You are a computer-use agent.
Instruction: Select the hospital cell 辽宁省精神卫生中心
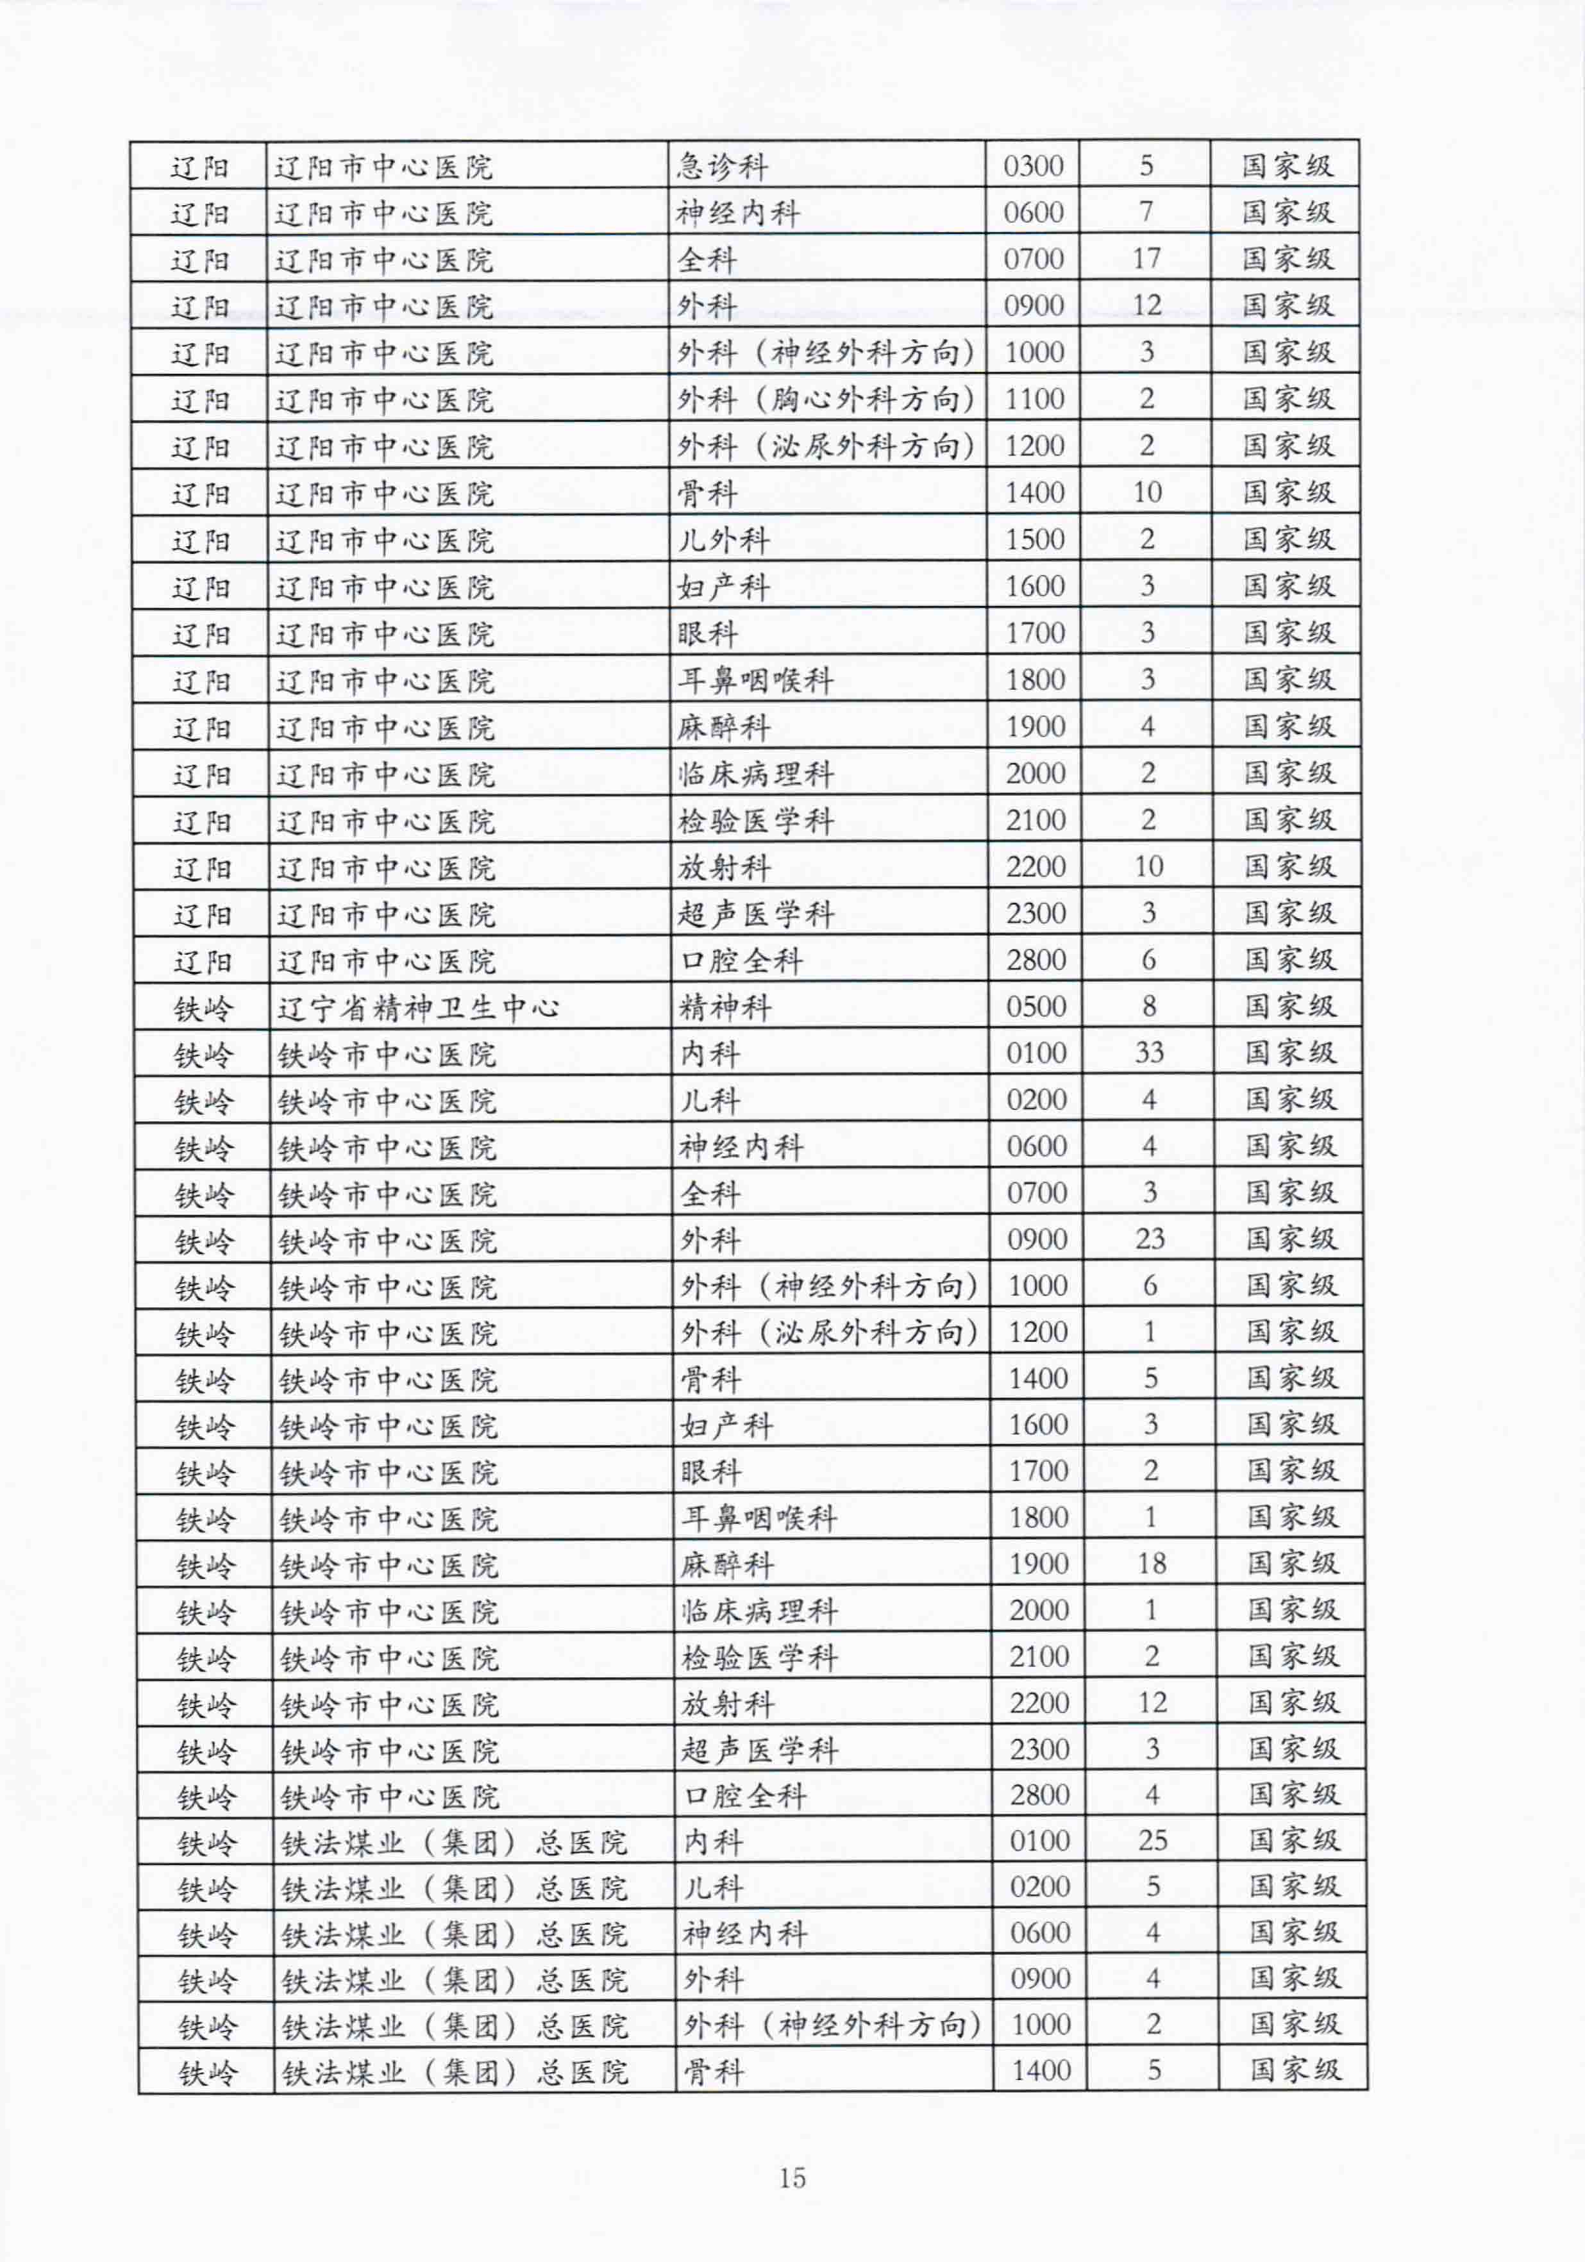(417, 1007)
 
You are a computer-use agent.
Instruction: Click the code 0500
(1036, 1006)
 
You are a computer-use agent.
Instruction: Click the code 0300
(1034, 165)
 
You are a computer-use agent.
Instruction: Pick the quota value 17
(1146, 258)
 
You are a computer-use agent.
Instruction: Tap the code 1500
(1034, 539)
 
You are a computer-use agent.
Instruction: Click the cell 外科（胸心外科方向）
(825, 399)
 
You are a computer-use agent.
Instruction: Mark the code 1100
(1034, 399)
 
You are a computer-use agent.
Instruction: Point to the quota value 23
(1150, 1238)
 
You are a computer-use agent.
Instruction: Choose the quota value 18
(1152, 1564)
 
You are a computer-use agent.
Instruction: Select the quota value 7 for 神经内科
(1146, 212)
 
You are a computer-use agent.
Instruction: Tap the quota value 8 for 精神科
(1148, 1006)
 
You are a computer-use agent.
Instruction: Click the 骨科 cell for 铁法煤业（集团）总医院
(713, 2072)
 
